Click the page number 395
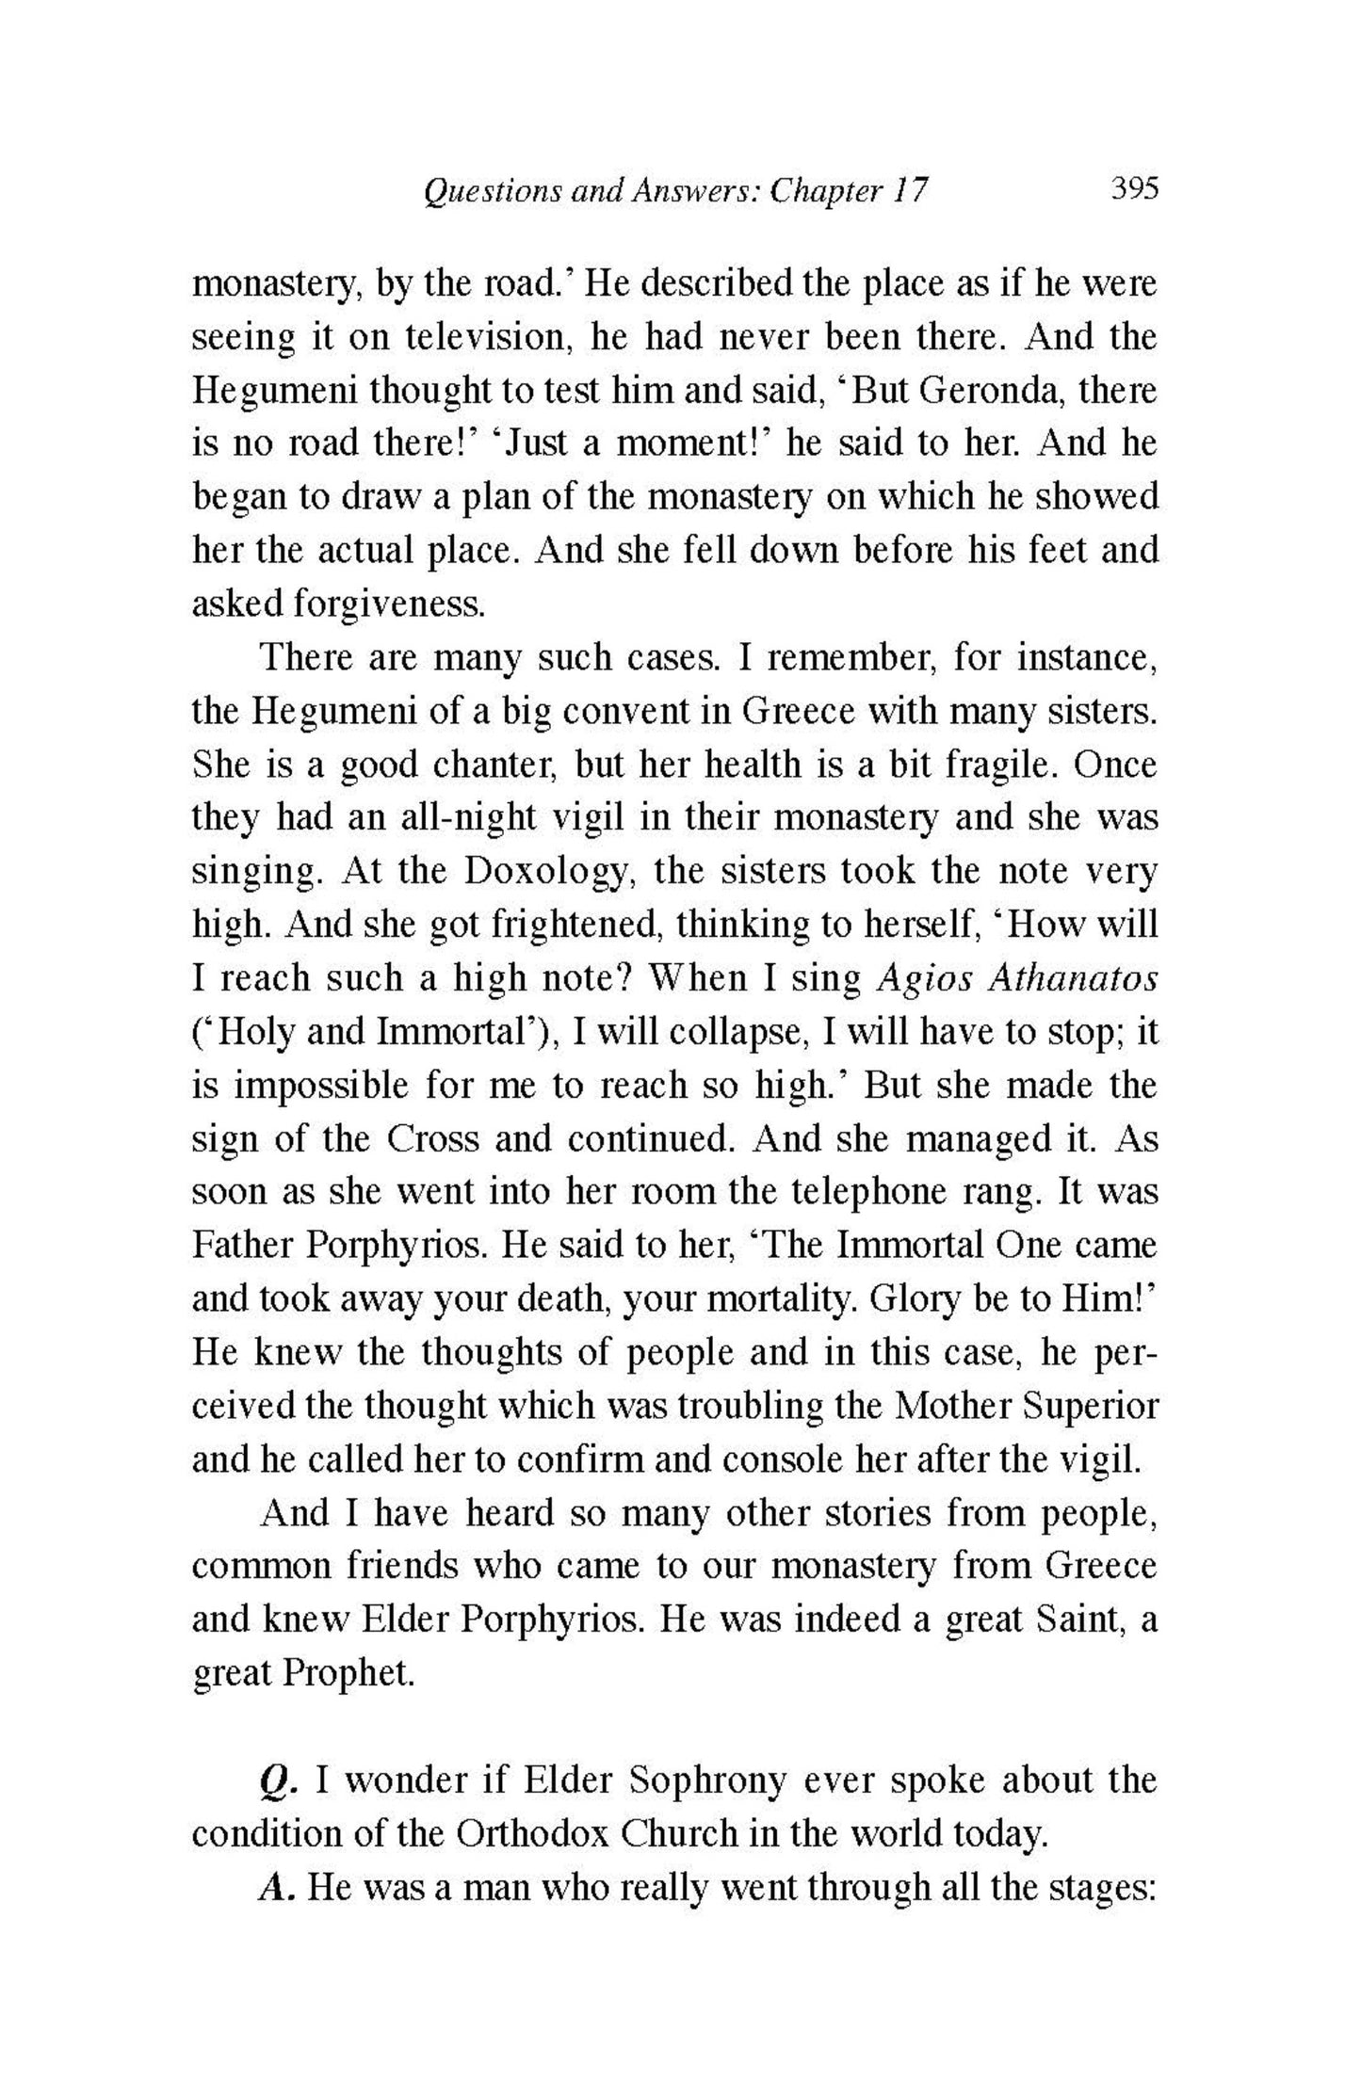coord(1133,189)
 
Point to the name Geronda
coord(992,391)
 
